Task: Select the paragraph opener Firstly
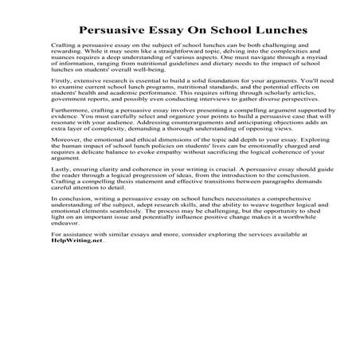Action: (x=63, y=104)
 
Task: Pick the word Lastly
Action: (x=62, y=237)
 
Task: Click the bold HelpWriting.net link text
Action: (x=77, y=328)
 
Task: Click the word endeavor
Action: (x=66, y=306)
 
